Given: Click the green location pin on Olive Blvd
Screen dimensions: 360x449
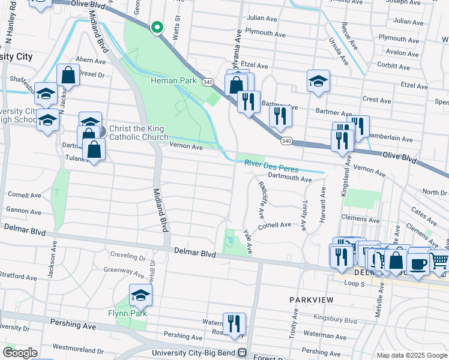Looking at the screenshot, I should pos(157,28).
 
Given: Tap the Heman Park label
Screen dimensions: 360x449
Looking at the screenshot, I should pos(173,80).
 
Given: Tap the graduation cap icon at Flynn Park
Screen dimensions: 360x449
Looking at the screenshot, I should pos(140,295).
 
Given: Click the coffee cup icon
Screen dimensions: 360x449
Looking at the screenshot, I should pos(418,263).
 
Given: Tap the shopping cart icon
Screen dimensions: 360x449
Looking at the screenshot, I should pos(439,260).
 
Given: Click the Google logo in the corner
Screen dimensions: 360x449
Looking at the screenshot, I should pos(19,353).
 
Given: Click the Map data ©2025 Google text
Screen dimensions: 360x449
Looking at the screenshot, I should pos(412,355).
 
